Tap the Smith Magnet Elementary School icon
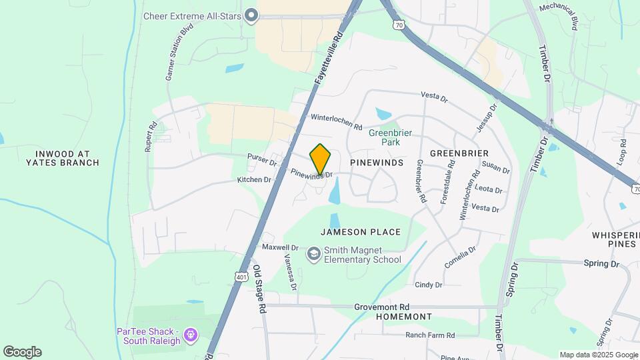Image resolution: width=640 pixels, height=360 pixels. pos(313,254)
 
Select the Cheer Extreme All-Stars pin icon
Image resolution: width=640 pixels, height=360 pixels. pos(251,15)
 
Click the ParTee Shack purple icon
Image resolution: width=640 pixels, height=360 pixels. pos(191,333)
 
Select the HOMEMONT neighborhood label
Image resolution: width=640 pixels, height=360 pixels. pos(403,317)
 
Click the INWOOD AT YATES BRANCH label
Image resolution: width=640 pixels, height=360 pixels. pos(63,158)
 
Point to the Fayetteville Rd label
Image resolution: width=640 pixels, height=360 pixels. pos(328,61)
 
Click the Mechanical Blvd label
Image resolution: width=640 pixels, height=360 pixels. pos(559,15)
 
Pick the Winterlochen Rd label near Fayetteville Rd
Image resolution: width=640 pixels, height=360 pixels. pos(336,121)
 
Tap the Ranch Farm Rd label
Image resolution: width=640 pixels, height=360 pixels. pos(430,335)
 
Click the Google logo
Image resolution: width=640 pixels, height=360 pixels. pos(22,352)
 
